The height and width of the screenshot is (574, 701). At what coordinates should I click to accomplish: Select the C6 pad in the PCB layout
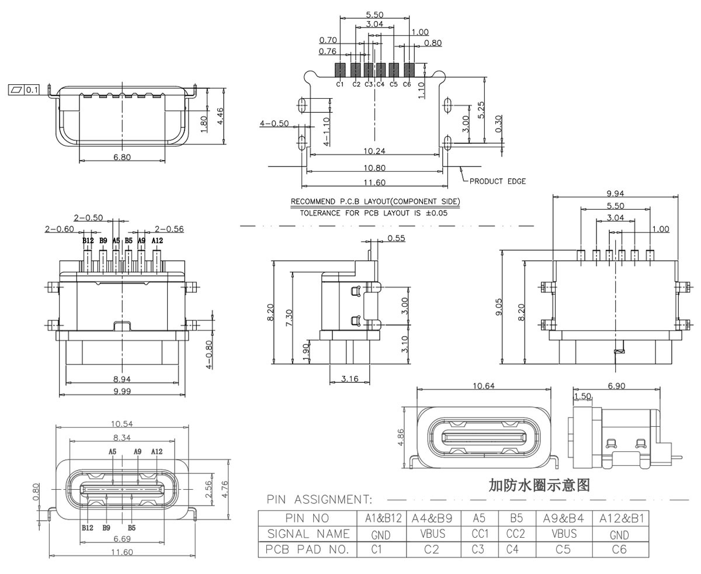click(x=409, y=70)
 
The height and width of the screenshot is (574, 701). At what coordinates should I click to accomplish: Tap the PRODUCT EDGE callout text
click(x=497, y=181)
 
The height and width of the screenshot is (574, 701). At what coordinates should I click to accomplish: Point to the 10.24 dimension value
click(x=374, y=151)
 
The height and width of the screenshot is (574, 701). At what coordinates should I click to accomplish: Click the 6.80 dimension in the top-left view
click(x=122, y=157)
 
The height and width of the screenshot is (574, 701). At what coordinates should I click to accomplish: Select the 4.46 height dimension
click(x=220, y=116)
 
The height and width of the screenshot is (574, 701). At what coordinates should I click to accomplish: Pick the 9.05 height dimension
click(x=498, y=307)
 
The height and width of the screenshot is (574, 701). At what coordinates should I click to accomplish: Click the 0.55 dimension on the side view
click(x=396, y=238)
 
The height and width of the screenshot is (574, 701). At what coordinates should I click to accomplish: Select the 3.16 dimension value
click(x=349, y=379)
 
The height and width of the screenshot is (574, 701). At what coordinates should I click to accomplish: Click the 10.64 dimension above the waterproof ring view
click(x=484, y=386)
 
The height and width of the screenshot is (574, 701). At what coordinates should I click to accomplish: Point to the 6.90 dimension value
click(x=617, y=386)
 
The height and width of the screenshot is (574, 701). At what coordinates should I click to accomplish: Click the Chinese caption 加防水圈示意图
click(x=539, y=485)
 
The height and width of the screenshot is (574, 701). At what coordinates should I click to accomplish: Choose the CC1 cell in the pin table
click(x=479, y=533)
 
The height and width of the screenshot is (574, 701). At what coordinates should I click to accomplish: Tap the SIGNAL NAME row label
click(x=308, y=534)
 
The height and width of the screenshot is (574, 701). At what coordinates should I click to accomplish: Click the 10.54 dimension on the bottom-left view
click(x=122, y=423)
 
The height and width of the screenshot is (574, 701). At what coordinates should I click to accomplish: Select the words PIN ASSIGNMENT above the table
click(x=319, y=500)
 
